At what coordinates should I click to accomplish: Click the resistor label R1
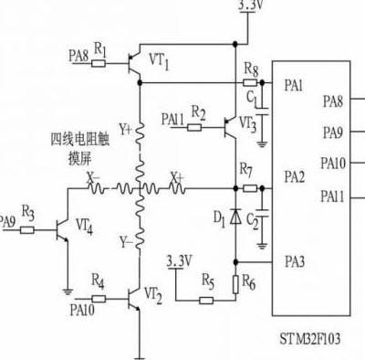click(100, 48)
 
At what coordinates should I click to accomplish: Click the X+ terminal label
click(177, 176)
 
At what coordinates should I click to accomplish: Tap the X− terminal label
click(93, 177)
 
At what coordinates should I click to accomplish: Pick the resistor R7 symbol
click(247, 189)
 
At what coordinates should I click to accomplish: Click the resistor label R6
click(249, 283)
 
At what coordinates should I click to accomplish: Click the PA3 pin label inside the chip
click(294, 263)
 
